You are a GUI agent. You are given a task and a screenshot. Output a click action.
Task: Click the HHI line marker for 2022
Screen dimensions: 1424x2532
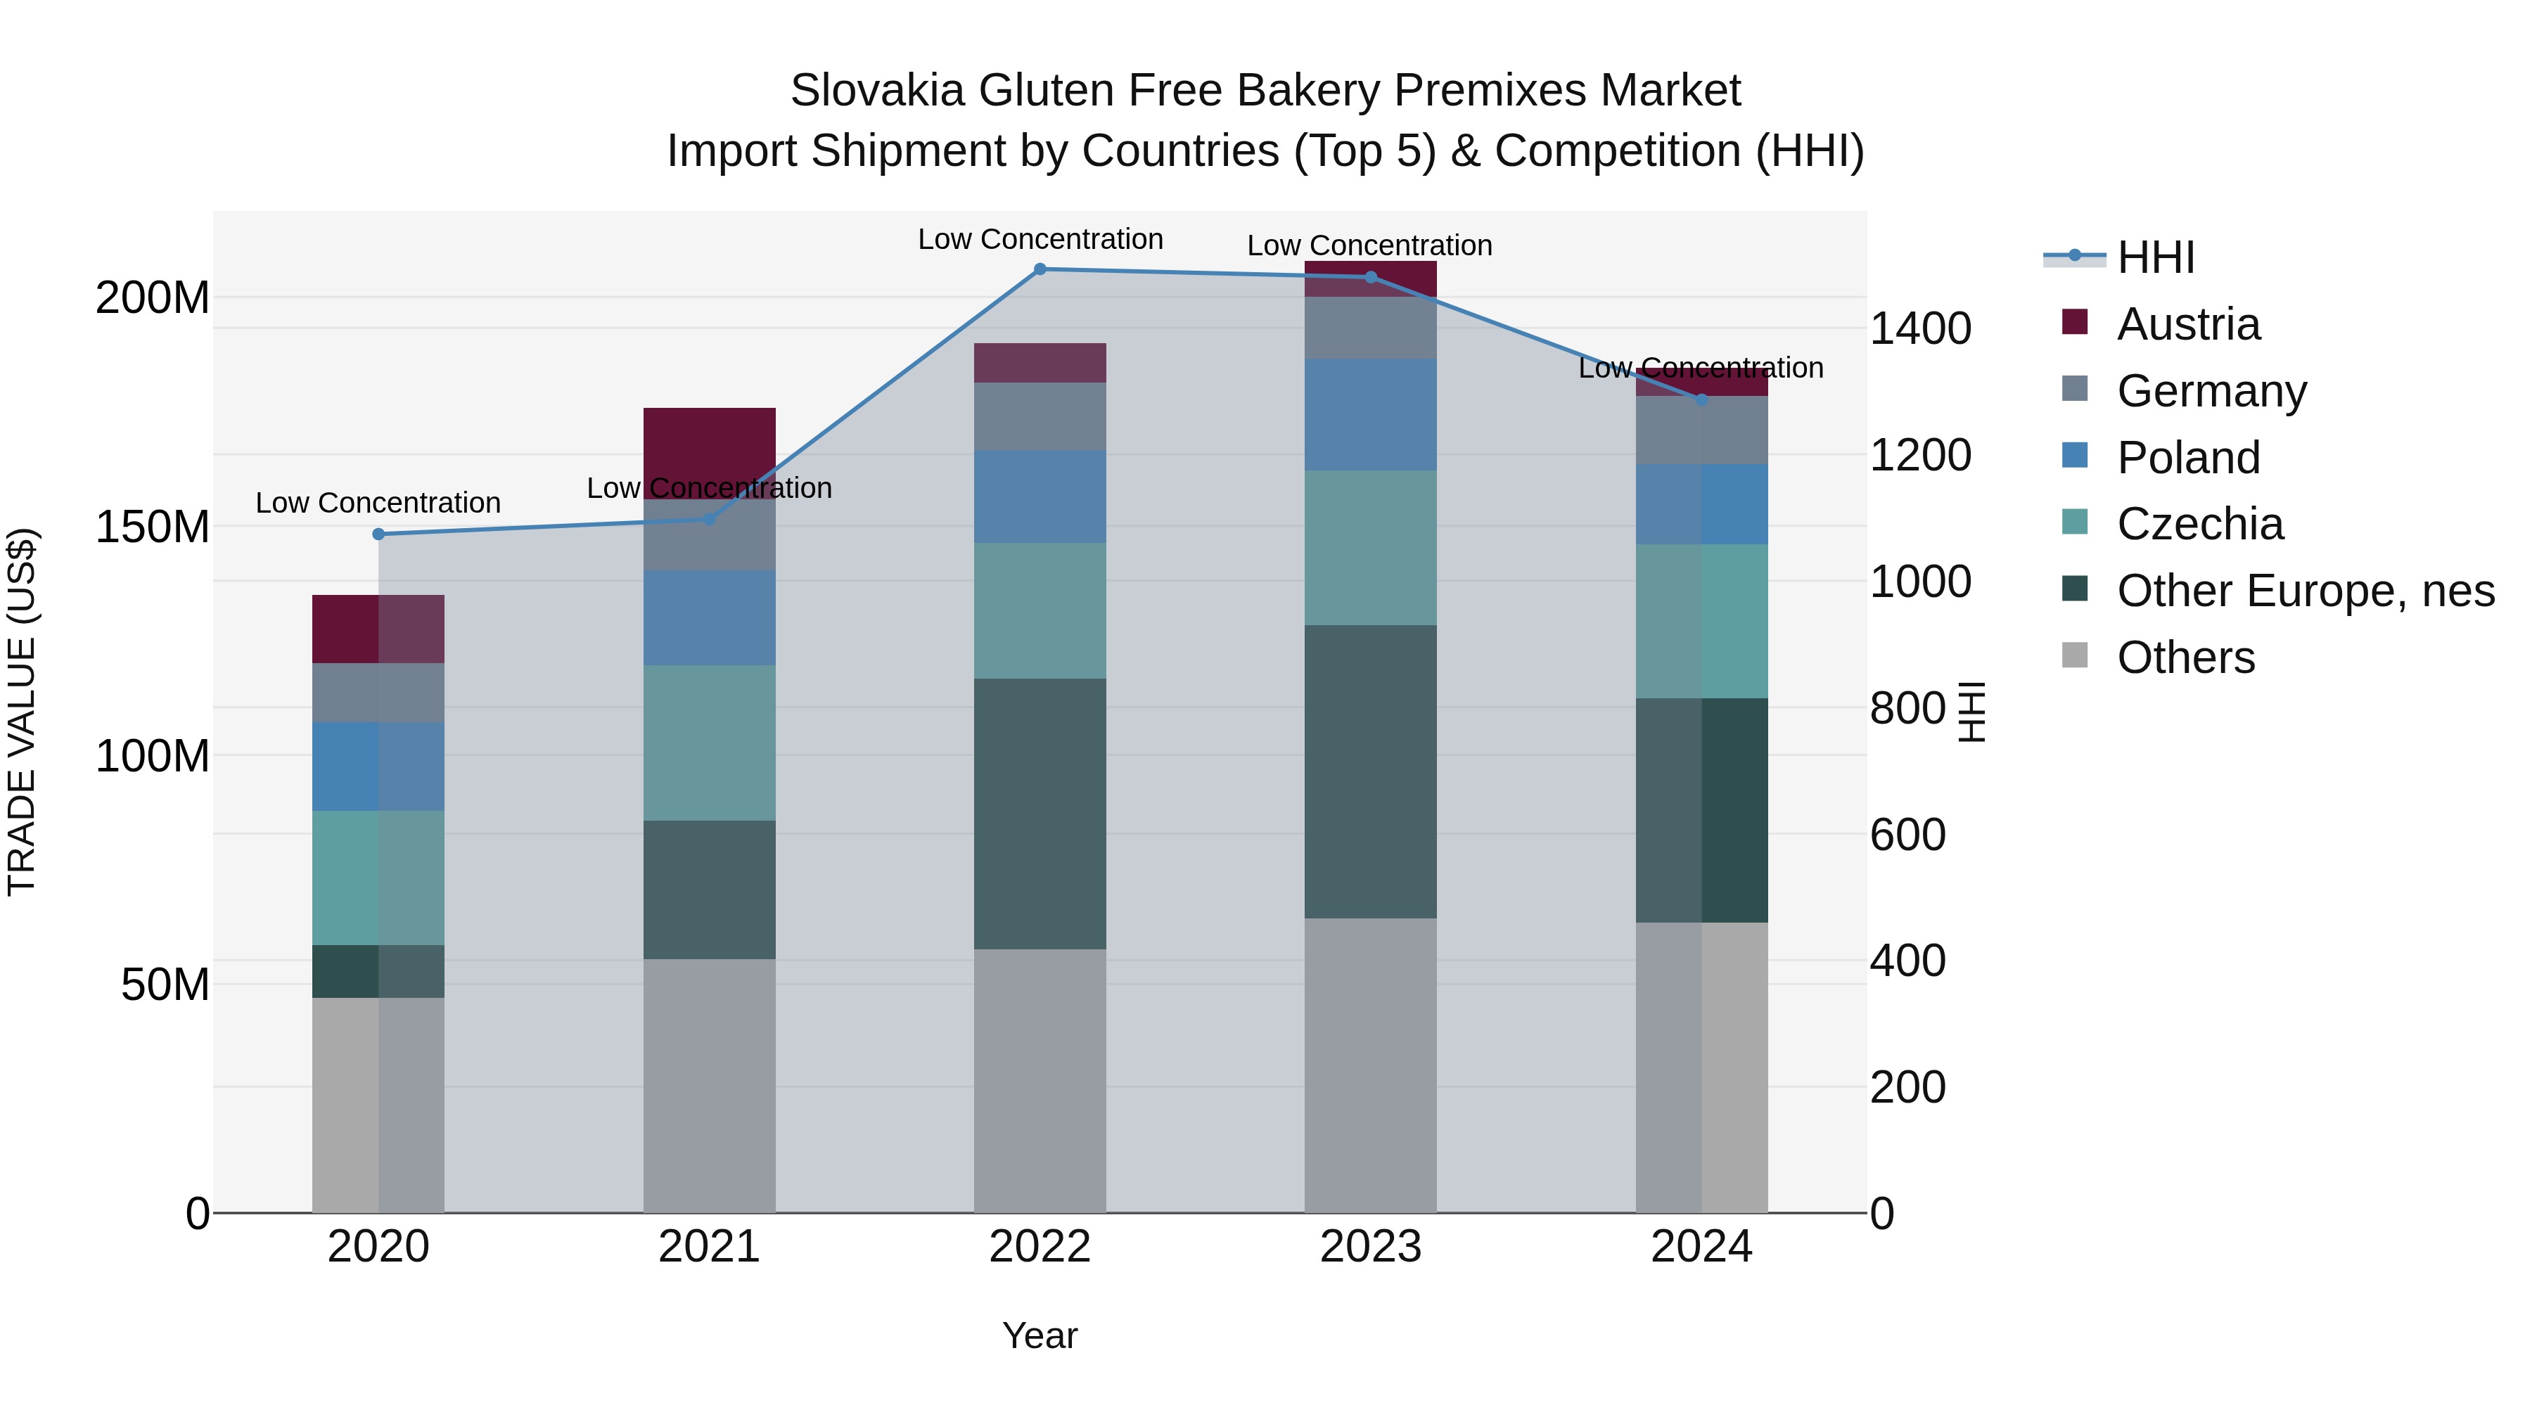click(1040, 269)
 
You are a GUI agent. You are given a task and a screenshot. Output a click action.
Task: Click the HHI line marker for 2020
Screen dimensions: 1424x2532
click(378, 534)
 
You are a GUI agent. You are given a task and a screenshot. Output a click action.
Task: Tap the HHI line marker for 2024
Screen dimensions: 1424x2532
click(1701, 399)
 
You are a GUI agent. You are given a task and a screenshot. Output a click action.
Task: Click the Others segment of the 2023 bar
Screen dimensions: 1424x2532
click(1370, 1065)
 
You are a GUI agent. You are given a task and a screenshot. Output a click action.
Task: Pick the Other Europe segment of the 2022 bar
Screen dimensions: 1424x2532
click(1040, 813)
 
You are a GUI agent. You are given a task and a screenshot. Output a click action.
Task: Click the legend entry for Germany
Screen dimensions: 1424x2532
click(2211, 391)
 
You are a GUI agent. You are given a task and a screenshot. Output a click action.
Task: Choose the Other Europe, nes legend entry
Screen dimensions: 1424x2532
click(2305, 591)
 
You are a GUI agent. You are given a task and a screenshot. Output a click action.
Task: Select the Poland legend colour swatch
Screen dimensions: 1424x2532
click(2074, 456)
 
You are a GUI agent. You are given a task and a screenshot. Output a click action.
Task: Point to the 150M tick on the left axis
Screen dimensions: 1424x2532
click(153, 527)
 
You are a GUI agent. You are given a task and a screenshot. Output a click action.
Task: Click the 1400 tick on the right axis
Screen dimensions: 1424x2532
click(1919, 328)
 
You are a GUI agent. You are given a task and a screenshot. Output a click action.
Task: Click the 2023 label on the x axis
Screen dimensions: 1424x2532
click(1370, 1247)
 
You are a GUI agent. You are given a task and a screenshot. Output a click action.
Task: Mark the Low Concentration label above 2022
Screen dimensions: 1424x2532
click(1040, 239)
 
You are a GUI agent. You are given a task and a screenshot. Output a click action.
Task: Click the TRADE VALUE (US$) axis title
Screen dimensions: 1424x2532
click(22, 712)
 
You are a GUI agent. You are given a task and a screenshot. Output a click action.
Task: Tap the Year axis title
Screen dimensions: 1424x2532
click(1040, 1335)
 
